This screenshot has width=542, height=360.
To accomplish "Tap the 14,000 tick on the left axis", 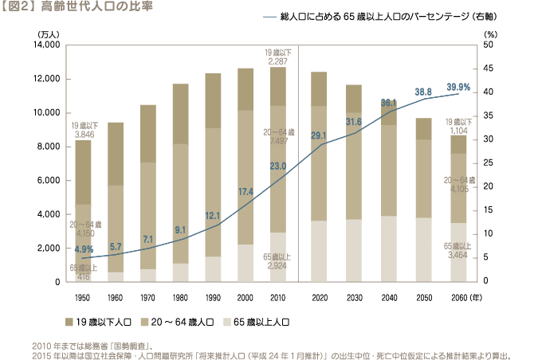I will pos(46,45).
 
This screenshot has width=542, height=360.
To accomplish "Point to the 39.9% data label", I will pos(458,87).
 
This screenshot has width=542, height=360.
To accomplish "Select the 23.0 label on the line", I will pos(278,166).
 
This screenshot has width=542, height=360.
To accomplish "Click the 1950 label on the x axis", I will pos(83,297).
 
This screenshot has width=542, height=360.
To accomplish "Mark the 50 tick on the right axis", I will pos(489,45).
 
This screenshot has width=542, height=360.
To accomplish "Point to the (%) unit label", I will pos(490,35).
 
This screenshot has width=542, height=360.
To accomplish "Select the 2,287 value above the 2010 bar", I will pos(278,61).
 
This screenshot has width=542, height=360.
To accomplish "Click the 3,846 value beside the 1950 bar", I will pos(84,135).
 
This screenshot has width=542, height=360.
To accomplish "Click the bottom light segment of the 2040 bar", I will pos(389,248).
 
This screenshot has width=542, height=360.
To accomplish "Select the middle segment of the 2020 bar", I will pos(319,163).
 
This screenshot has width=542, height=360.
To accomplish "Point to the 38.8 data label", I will pos(423,92).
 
